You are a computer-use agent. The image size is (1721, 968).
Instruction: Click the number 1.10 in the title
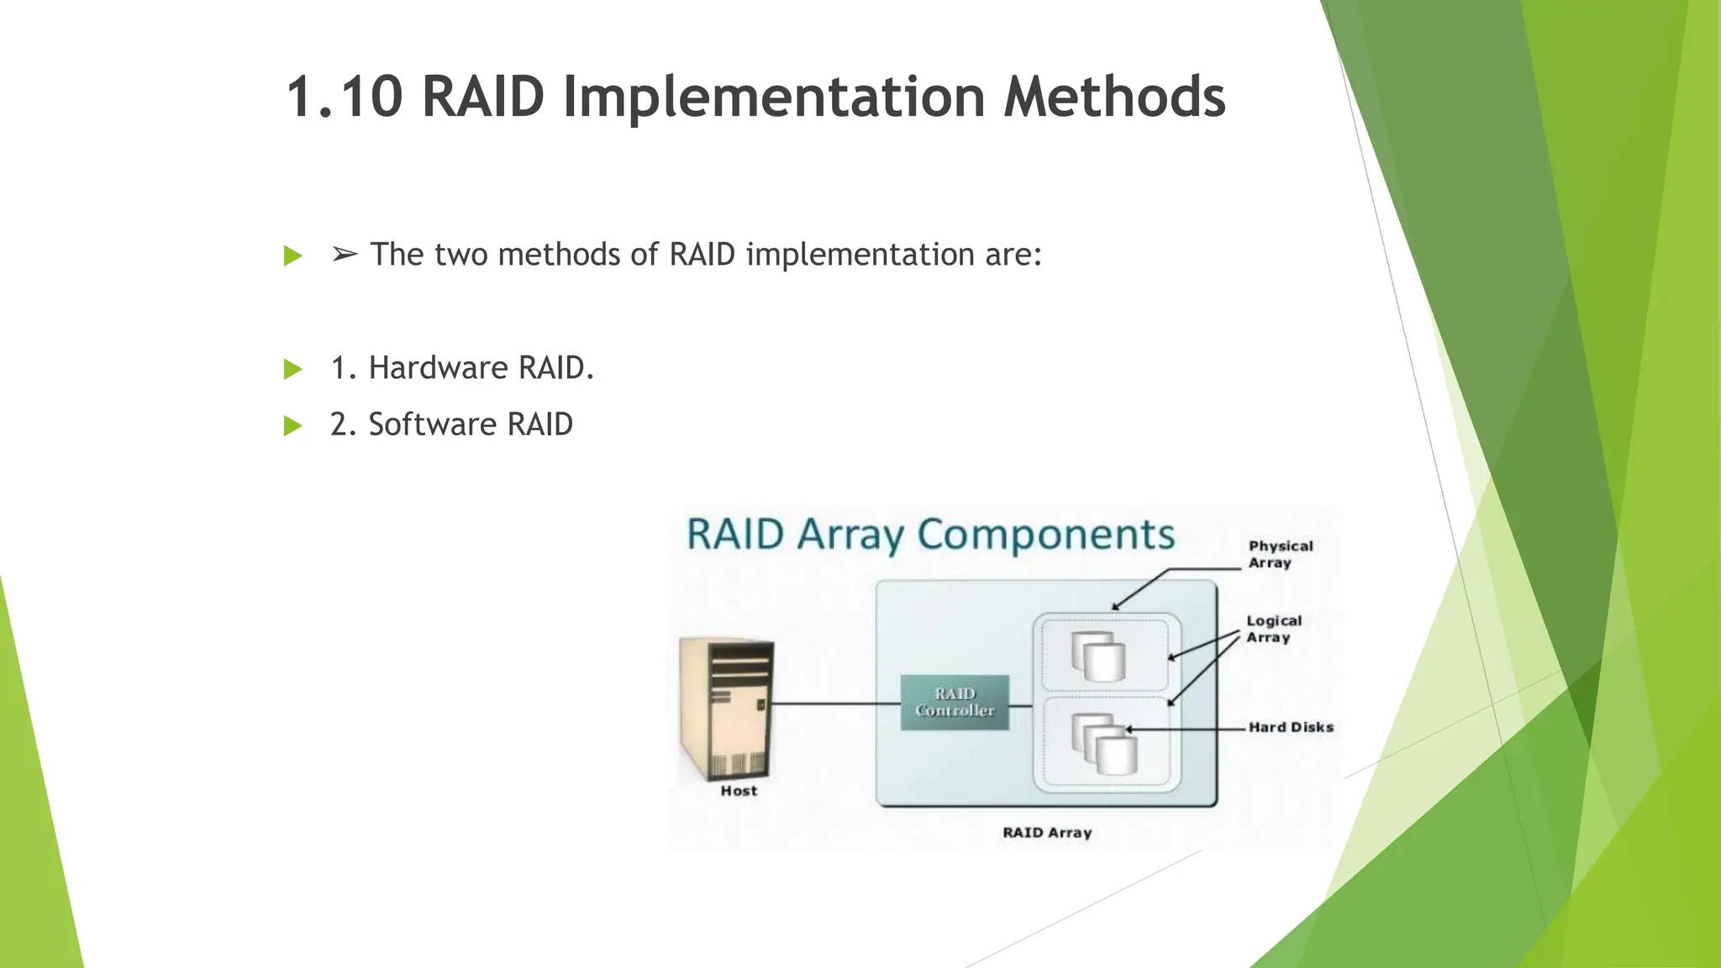(345, 97)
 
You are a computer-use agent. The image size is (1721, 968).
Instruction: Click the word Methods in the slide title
(1114, 97)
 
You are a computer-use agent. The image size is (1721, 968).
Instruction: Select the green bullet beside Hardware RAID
(292, 369)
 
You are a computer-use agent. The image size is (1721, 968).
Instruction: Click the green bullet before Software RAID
(292, 425)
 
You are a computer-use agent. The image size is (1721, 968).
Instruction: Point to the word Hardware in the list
(438, 368)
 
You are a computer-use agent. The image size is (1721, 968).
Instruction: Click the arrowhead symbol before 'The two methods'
(345, 254)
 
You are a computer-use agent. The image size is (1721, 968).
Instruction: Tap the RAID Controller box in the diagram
(955, 702)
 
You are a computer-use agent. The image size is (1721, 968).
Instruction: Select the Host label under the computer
(739, 791)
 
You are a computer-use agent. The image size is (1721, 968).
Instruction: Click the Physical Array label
(1280, 555)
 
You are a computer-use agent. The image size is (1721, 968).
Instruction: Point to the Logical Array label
(1273, 629)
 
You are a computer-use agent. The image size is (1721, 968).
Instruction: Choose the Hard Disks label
(1291, 727)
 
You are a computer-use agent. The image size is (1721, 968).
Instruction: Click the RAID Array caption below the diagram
(1047, 832)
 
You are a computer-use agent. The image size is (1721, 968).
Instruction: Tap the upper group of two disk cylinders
(1098, 656)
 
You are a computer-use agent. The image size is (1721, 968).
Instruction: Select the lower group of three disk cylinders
(1103, 744)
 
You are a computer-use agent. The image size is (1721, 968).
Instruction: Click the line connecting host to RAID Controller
(836, 703)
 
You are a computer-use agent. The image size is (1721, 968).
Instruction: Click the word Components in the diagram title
(1045, 535)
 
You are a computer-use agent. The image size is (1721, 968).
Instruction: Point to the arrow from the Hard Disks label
(1185, 729)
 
